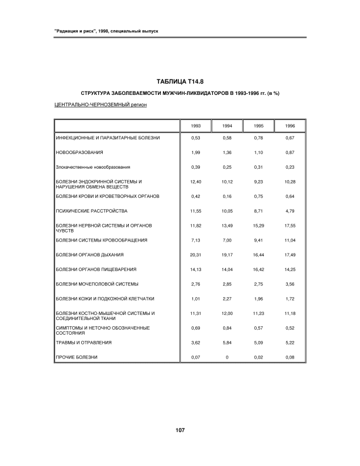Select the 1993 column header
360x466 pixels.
click(195, 126)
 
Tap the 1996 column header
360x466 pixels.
click(290, 126)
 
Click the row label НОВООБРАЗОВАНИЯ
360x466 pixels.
click(79, 153)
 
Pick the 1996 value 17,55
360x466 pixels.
click(290, 226)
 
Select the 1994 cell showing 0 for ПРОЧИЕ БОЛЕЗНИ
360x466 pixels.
click(227, 357)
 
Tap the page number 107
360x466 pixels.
click(179, 430)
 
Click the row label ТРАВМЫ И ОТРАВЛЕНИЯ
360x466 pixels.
click(84, 343)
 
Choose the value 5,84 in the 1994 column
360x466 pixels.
click(227, 343)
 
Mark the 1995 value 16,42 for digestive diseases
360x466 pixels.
click(258, 269)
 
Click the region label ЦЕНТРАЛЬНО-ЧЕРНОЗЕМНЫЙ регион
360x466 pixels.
click(101, 106)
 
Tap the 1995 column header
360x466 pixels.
click(258, 126)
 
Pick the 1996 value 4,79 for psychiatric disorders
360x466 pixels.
click(290, 211)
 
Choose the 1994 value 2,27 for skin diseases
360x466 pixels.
click(227, 298)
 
